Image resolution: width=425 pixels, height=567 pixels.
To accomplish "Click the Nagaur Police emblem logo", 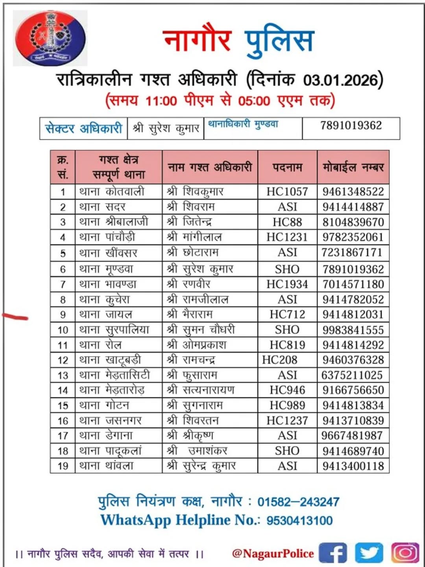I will (x=50, y=38).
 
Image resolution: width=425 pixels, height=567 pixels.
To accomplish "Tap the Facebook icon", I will (x=333, y=552).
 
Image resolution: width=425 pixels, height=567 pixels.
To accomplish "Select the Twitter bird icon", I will (x=369, y=552).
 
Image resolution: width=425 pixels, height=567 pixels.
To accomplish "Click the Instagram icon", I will (x=405, y=552).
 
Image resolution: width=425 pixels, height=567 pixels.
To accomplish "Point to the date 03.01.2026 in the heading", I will (x=341, y=80).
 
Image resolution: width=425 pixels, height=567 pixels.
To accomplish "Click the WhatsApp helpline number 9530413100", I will (x=299, y=521).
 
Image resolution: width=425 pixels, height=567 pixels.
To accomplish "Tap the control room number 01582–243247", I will (x=298, y=502).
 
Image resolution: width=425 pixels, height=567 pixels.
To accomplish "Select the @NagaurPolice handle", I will (x=273, y=553).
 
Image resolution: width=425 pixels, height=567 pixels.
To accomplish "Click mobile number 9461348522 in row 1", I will (x=353, y=192).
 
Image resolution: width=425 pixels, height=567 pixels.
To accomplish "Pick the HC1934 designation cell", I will (x=287, y=284).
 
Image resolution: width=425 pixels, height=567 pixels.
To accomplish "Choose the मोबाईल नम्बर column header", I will (x=353, y=167).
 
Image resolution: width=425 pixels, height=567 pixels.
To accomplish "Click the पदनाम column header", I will (x=287, y=167).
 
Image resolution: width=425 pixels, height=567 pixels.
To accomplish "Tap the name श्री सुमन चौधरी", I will (x=201, y=330).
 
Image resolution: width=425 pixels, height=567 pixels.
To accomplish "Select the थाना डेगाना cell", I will (x=106, y=435).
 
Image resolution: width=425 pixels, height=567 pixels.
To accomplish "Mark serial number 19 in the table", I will (x=63, y=466).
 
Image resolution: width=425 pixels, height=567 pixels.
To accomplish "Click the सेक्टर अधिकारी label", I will (x=83, y=128).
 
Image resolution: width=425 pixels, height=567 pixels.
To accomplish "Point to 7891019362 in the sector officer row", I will (x=351, y=126).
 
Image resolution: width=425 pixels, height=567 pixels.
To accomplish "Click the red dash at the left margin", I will (x=15, y=317).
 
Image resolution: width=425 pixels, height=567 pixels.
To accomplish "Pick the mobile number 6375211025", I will (x=352, y=375).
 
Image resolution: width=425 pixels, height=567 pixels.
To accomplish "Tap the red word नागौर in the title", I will (x=197, y=41).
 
